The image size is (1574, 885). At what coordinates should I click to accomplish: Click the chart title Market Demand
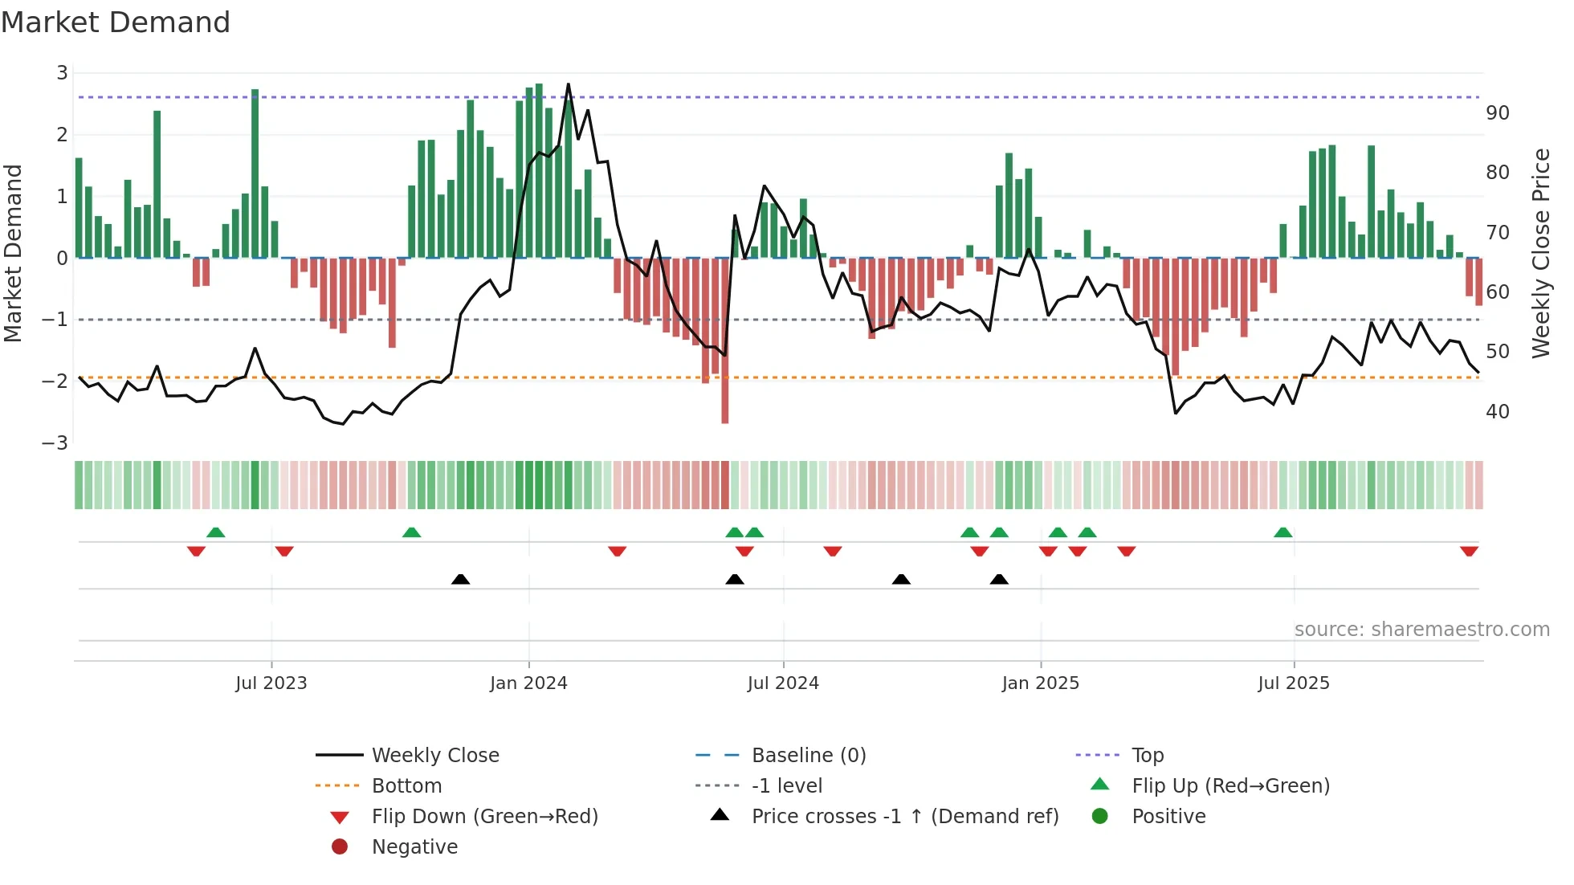click(116, 22)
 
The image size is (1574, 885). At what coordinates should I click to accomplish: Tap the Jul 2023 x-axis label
click(271, 683)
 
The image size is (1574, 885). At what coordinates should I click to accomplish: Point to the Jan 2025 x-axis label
click(1040, 683)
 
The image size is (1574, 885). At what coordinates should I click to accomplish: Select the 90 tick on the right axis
click(1497, 113)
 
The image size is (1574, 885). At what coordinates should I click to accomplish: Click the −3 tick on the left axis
click(55, 443)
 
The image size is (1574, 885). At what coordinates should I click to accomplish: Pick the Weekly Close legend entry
click(434, 756)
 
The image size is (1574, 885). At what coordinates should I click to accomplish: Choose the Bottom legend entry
click(406, 786)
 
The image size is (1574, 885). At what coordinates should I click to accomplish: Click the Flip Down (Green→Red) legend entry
click(484, 817)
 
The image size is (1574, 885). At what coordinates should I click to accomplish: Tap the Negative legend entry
click(414, 847)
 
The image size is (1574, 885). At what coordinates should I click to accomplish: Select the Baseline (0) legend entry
click(808, 756)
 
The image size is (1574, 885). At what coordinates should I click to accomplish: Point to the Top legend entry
click(1147, 756)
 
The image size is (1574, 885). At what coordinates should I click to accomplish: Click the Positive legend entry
click(1168, 817)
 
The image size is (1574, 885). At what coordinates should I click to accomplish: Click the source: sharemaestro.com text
click(1421, 630)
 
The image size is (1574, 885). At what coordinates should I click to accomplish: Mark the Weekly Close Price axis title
click(1540, 253)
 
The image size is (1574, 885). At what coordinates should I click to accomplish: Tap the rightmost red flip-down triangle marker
click(1469, 552)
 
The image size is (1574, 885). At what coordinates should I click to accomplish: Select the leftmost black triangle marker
click(460, 579)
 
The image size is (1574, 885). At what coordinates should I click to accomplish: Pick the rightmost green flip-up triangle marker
click(1282, 532)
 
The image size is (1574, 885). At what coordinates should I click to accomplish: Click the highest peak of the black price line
click(569, 84)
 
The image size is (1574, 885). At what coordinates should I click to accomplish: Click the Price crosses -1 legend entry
click(904, 817)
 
